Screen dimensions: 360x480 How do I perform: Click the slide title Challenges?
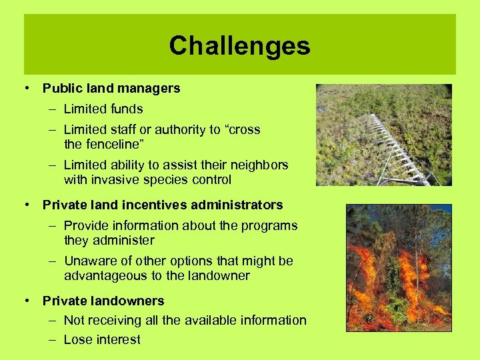pos(239,46)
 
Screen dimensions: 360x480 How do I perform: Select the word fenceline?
pos(113,144)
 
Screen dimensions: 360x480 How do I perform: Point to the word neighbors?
pos(258,165)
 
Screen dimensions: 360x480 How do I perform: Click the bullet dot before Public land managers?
pos(29,88)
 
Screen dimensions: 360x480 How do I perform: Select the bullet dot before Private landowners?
pos(29,301)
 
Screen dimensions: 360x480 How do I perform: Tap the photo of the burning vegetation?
pos(399,267)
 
